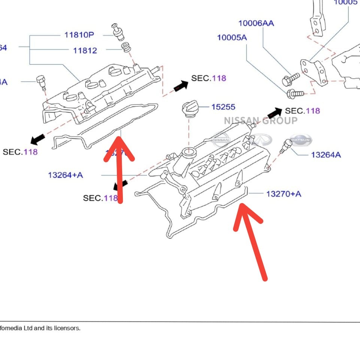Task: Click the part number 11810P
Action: (x=79, y=35)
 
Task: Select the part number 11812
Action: (x=85, y=51)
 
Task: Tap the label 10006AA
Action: (x=256, y=23)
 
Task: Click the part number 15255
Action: (x=223, y=107)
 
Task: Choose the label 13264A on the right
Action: (x=326, y=155)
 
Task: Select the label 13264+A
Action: (x=66, y=175)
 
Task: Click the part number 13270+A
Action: (x=284, y=194)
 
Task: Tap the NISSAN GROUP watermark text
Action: (x=261, y=121)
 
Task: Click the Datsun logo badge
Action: (x=300, y=140)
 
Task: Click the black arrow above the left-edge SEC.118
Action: (x=38, y=139)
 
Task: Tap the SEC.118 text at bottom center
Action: (x=100, y=198)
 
